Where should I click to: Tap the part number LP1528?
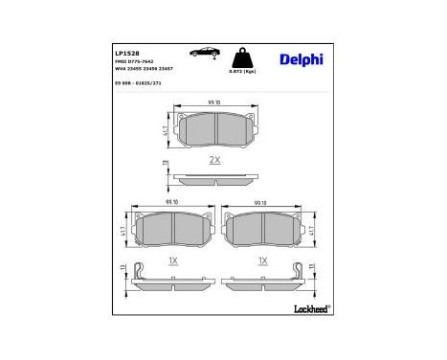pyautogui.click(x=126, y=54)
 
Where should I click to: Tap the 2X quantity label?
pyautogui.click(x=214, y=161)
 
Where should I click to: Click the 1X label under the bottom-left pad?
pyautogui.click(x=172, y=259)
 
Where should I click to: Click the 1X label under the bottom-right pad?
pyautogui.click(x=260, y=259)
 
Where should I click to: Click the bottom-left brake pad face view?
pyautogui.click(x=172, y=229)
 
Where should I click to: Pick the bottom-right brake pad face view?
pyautogui.click(x=260, y=229)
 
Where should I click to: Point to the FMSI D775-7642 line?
pyautogui.click(x=134, y=62)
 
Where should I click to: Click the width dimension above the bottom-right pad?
pyautogui.click(x=260, y=203)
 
